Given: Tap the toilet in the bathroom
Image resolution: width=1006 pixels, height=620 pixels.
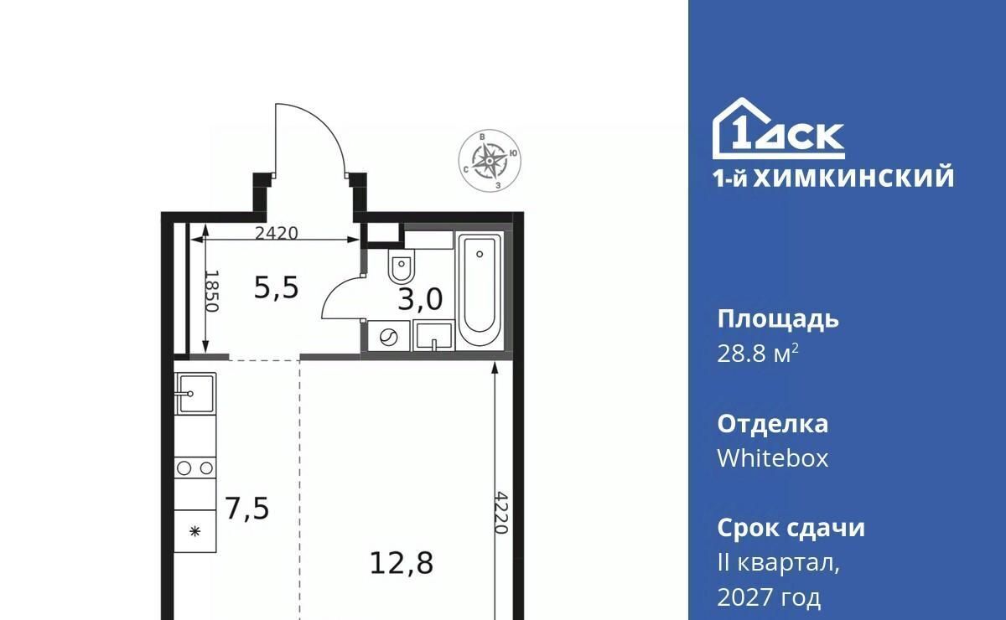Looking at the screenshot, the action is click(402, 266).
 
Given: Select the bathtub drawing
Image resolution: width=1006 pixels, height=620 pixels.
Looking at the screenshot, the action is click(480, 289).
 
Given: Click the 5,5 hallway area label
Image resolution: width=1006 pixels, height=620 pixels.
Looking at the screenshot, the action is click(276, 287).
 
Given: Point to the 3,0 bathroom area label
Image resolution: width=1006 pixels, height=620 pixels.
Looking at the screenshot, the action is click(420, 299).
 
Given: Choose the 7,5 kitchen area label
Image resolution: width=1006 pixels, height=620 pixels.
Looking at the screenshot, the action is click(247, 509).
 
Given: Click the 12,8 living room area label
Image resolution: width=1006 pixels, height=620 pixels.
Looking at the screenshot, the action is click(402, 563).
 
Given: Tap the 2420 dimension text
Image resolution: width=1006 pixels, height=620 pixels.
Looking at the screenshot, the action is click(276, 233).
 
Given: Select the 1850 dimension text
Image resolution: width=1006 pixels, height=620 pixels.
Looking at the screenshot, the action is click(211, 291).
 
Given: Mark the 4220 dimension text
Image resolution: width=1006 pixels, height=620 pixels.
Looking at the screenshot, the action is click(501, 513).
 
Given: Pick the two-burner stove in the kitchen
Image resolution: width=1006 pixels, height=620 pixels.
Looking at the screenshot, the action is click(194, 468).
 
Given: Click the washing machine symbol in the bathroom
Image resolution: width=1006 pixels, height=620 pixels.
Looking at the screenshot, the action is click(388, 336).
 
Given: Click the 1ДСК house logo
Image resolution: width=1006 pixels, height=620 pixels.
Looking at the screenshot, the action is click(779, 128).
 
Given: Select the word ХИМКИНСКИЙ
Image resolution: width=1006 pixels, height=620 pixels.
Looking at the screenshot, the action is click(853, 177).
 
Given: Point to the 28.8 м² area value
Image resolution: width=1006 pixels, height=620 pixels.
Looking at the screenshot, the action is click(758, 354).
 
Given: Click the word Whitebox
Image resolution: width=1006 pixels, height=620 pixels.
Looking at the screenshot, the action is click(772, 458).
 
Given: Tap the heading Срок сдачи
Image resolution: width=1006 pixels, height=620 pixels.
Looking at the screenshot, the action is click(791, 528).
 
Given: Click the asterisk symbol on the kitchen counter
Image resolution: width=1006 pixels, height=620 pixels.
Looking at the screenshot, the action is click(194, 532).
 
